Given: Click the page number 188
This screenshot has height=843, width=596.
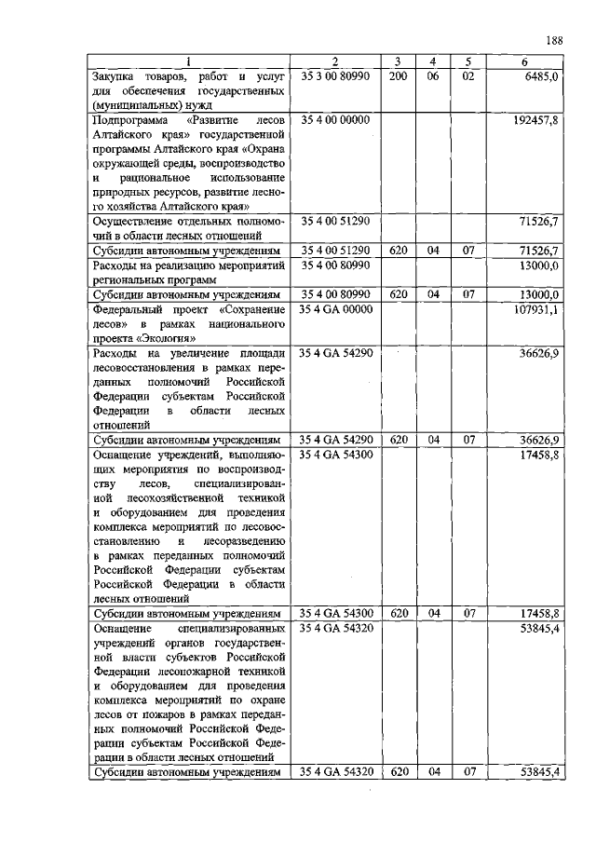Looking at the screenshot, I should coord(553,41).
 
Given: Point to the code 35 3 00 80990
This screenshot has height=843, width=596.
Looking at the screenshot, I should coord(335,75).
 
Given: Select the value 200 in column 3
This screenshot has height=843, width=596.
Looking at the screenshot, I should coord(399,75).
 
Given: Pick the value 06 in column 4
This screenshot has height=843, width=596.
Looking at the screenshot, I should coord(432,75).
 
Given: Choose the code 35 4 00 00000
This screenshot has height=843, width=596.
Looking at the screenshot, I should coord(335,120).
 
